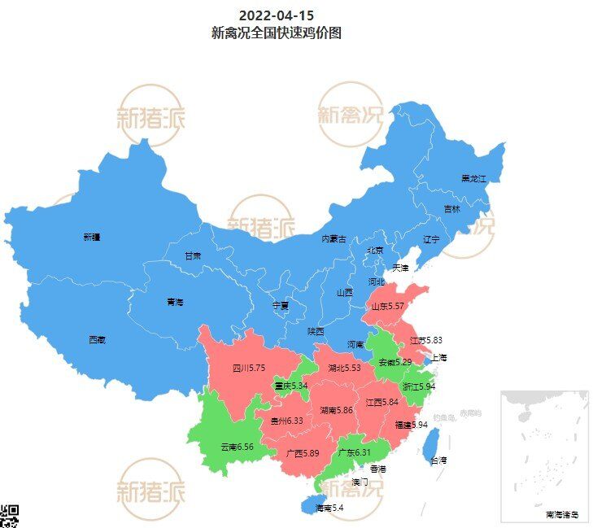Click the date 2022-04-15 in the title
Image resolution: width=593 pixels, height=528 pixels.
(276, 15)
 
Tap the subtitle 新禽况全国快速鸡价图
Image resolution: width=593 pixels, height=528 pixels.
(276, 33)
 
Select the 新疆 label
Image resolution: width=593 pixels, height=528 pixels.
(91, 238)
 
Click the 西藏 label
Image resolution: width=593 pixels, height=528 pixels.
(97, 340)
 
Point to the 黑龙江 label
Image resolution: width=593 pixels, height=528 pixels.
(473, 178)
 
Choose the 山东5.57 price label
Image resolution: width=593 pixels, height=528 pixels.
(388, 307)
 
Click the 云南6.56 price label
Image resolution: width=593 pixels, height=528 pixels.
(237, 447)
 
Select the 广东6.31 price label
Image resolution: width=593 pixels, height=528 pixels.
(354, 452)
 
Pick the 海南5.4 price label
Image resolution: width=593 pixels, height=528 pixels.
(329, 508)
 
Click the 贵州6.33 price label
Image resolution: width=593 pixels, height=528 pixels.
(286, 421)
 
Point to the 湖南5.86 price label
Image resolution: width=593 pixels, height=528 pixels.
(336, 410)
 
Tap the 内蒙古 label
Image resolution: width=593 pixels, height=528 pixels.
(334, 239)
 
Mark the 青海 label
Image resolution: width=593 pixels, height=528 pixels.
(175, 302)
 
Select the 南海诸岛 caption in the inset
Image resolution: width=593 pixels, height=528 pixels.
(561, 514)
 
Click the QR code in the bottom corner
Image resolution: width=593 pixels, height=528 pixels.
(9, 515)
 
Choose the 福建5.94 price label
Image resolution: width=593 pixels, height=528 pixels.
(411, 425)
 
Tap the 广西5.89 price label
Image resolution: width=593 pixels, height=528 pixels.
(303, 453)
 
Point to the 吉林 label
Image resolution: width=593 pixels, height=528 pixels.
(451, 209)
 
